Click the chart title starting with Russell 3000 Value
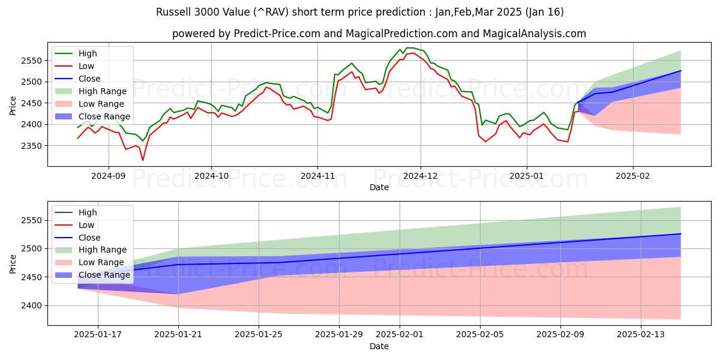click(360, 12)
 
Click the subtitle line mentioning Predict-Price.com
click(379, 34)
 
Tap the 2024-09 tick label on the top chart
click(109, 176)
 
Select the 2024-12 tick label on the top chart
click(420, 176)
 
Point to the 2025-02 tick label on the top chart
click(633, 176)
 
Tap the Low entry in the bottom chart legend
click(88, 225)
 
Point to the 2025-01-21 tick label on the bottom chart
click(178, 335)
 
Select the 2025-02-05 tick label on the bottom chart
click(480, 335)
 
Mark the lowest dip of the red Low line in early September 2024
click(143, 160)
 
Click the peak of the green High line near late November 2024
click(409, 48)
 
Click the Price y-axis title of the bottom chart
click(13, 263)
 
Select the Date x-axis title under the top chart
click(379, 187)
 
